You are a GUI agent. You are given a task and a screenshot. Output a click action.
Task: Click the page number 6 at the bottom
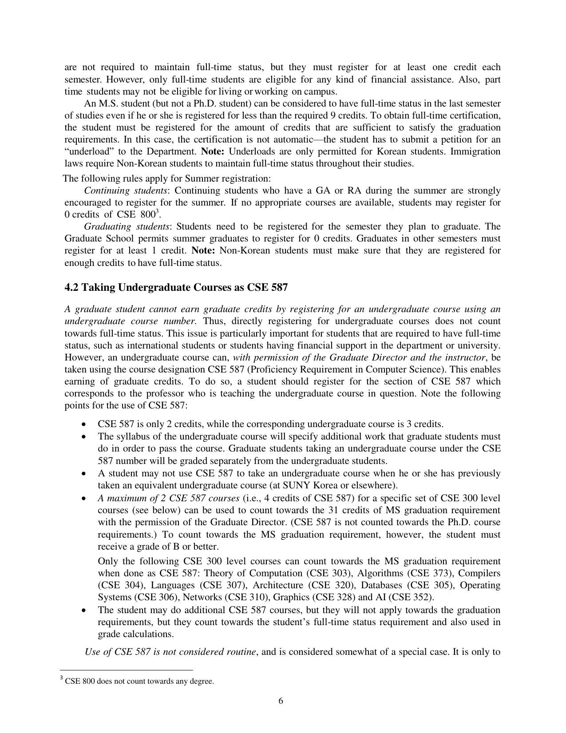(x=281, y=701)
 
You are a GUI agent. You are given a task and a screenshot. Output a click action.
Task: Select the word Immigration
(x=475, y=151)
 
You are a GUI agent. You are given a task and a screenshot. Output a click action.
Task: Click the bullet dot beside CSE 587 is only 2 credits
(x=85, y=424)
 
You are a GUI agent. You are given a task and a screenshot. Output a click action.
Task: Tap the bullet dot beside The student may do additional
(x=85, y=610)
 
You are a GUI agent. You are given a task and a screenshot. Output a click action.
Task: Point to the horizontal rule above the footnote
(x=126, y=670)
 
